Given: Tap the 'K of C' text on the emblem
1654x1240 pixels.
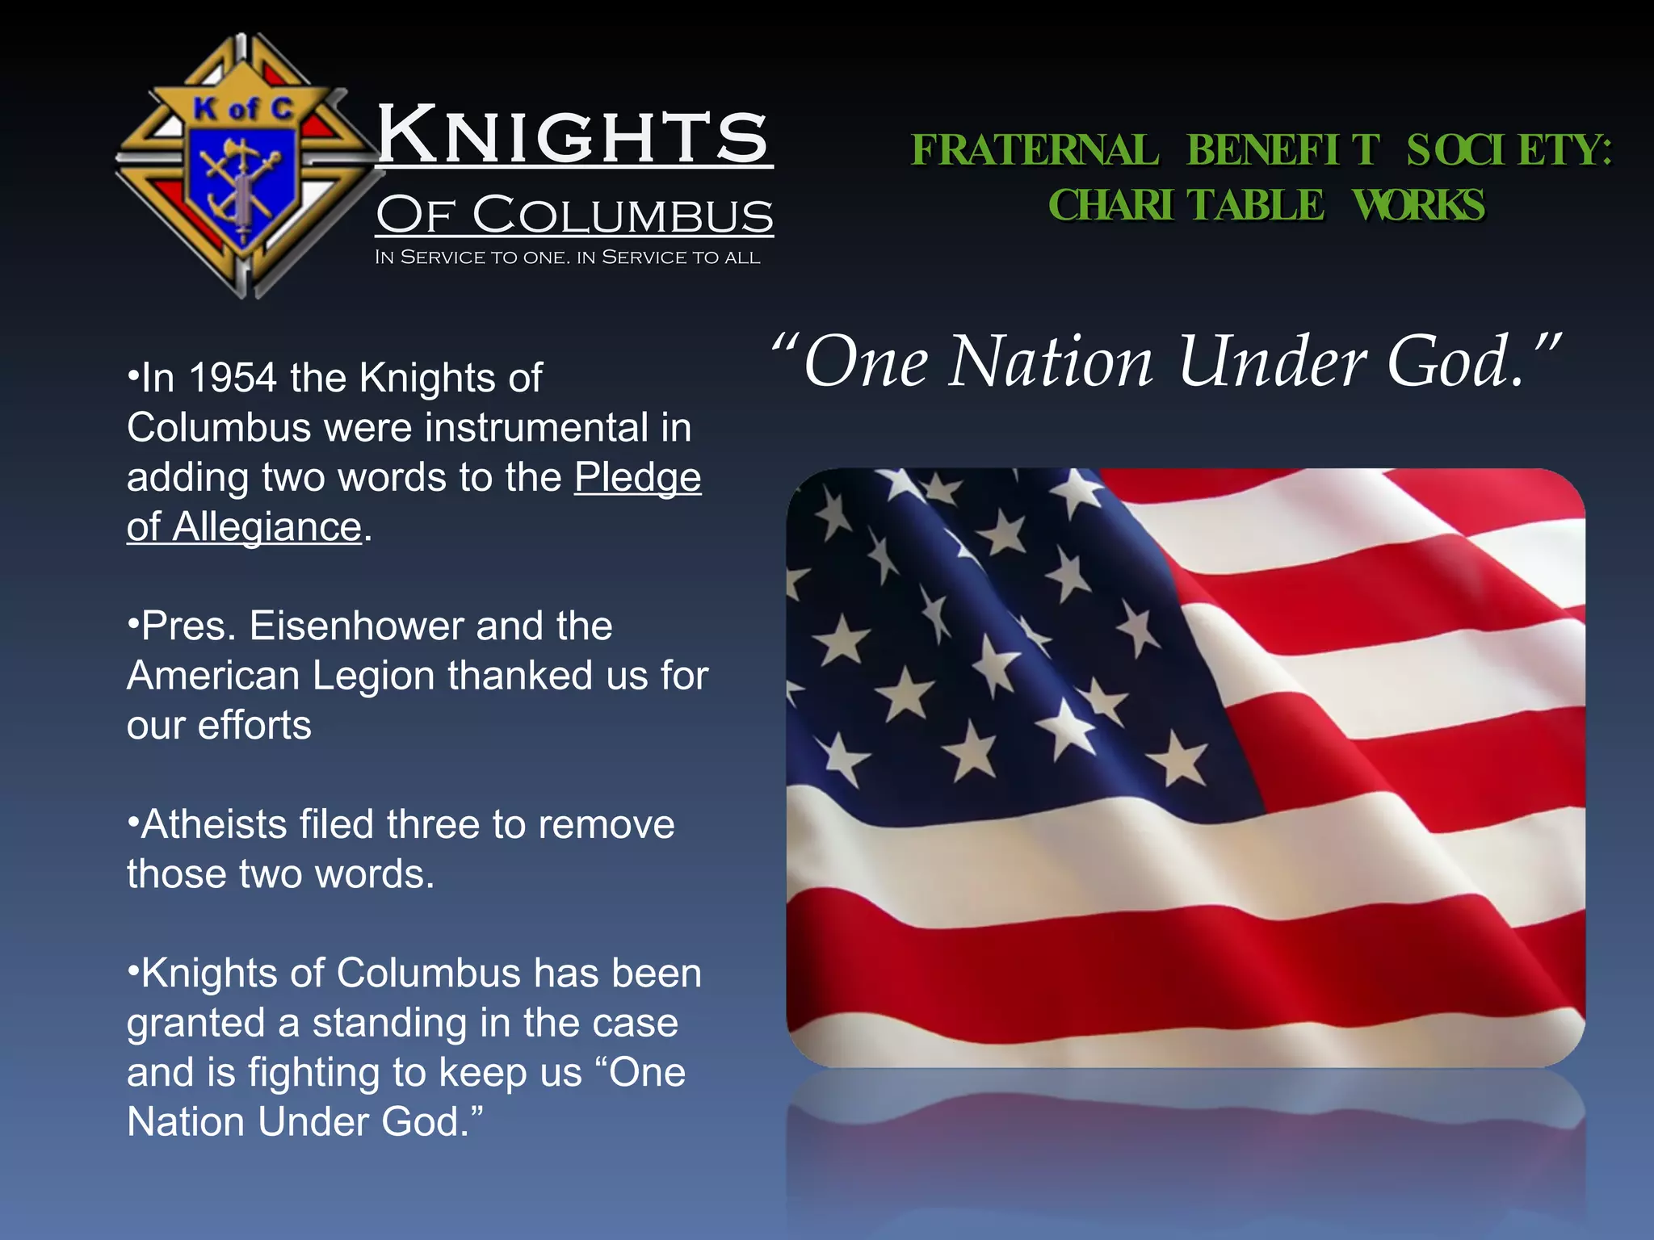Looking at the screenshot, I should [x=243, y=108].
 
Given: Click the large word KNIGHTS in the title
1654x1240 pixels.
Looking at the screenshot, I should [x=573, y=135].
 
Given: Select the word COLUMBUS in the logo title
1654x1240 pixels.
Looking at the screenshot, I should [x=623, y=216].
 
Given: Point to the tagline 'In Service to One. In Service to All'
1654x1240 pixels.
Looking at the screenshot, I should [x=567, y=258].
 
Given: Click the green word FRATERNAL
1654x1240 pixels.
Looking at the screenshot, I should [x=1035, y=150].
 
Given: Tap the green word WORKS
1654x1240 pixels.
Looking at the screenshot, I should [x=1418, y=205].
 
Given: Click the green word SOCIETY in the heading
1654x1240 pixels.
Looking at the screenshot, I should [x=1508, y=150].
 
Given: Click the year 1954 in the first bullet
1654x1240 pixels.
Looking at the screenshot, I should [x=233, y=378].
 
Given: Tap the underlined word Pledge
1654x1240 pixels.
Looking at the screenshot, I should [x=637, y=477].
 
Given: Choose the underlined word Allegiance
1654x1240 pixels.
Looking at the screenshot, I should [x=267, y=527].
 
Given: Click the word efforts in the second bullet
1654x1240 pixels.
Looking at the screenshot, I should [x=254, y=726].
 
